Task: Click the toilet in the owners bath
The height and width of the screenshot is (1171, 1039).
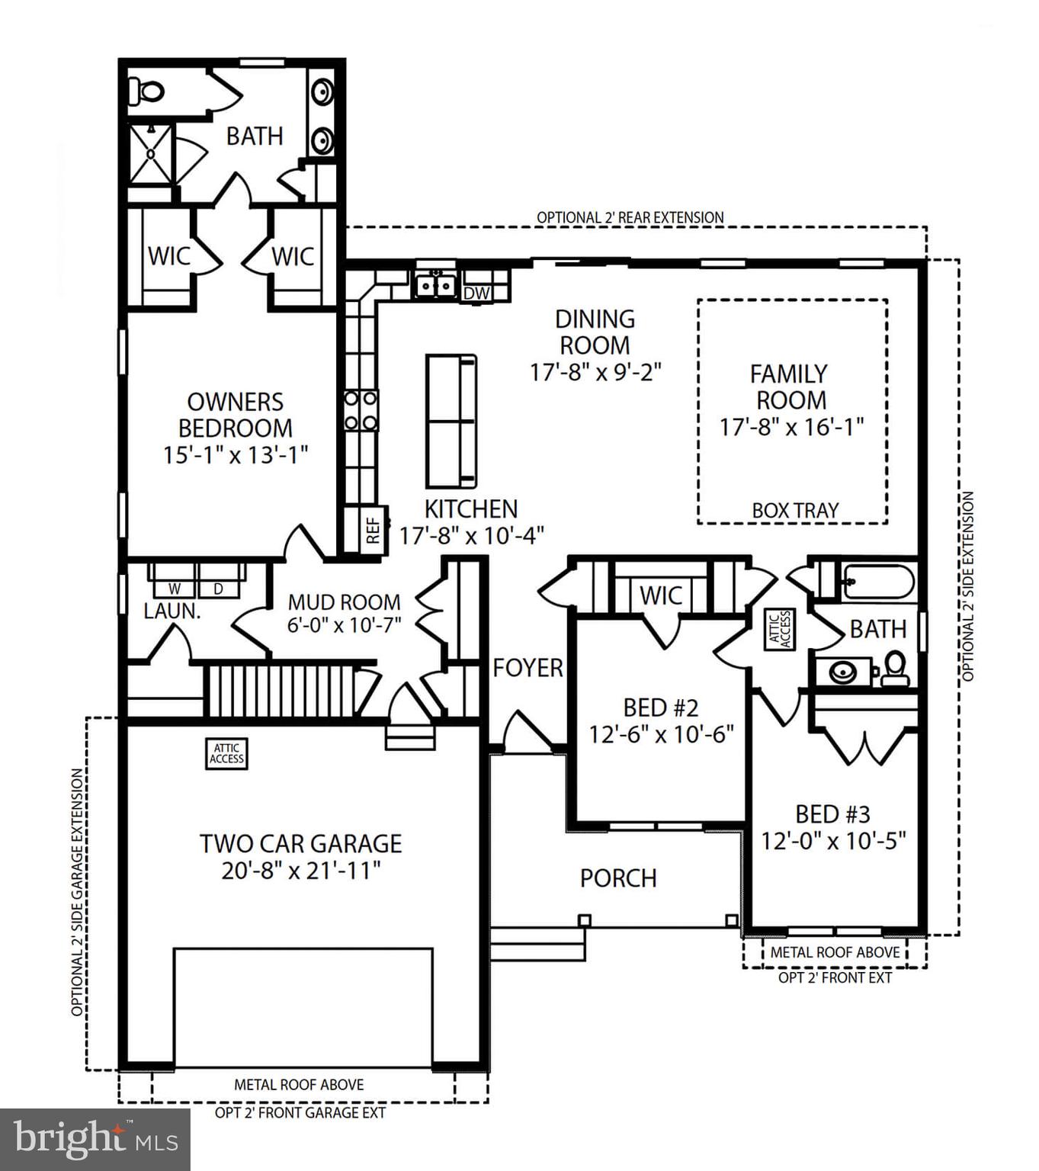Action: [146, 91]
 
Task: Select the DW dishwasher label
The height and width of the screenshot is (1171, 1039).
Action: [476, 294]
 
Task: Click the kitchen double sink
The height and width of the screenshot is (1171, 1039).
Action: [435, 285]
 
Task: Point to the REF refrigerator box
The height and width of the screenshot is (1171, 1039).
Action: [373, 530]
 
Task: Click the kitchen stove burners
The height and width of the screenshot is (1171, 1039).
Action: [361, 410]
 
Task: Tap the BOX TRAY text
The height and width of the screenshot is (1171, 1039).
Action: [795, 510]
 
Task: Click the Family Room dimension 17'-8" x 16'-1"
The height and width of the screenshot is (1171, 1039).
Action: [792, 426]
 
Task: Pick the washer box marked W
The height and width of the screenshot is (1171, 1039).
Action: [175, 589]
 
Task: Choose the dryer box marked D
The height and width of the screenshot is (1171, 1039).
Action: [217, 589]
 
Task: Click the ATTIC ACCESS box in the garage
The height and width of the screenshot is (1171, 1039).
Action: [226, 753]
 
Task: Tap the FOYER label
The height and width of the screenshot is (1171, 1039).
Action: [528, 668]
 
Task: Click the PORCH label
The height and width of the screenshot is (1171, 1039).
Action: [618, 878]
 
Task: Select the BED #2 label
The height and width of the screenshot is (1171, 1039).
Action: [660, 707]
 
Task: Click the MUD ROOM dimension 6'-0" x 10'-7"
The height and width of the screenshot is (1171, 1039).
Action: [344, 624]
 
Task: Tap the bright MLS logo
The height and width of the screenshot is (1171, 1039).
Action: [95, 1140]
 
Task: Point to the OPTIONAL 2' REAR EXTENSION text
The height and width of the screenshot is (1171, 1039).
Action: [630, 217]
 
